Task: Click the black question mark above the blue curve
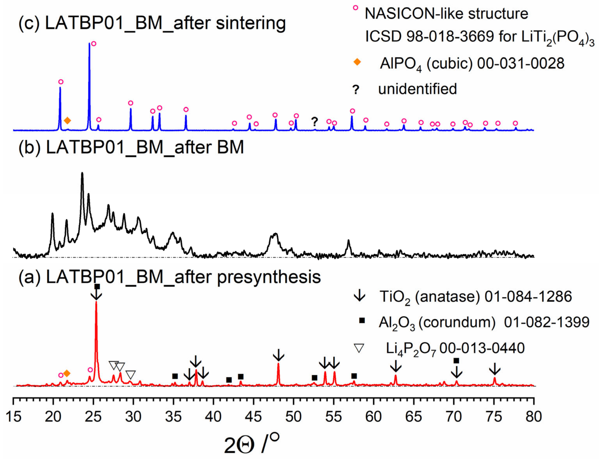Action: tap(315, 121)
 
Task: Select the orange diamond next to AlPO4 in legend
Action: tap(357, 62)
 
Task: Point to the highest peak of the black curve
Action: tap(82, 173)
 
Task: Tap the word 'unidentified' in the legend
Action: tap(417, 89)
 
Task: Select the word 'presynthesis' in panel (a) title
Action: tap(269, 277)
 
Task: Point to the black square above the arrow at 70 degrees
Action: tap(456, 361)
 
